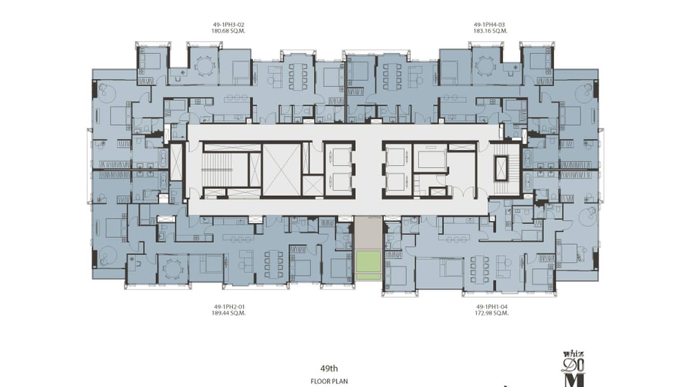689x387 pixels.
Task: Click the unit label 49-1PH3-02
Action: [228, 24]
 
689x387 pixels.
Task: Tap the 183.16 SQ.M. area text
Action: [490, 31]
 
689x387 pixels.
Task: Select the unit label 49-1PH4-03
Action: [490, 24]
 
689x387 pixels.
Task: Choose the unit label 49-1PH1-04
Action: [491, 306]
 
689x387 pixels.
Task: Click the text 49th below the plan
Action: [329, 368]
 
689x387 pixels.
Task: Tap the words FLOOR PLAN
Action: [329, 381]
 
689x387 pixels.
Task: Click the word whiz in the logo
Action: [573, 354]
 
